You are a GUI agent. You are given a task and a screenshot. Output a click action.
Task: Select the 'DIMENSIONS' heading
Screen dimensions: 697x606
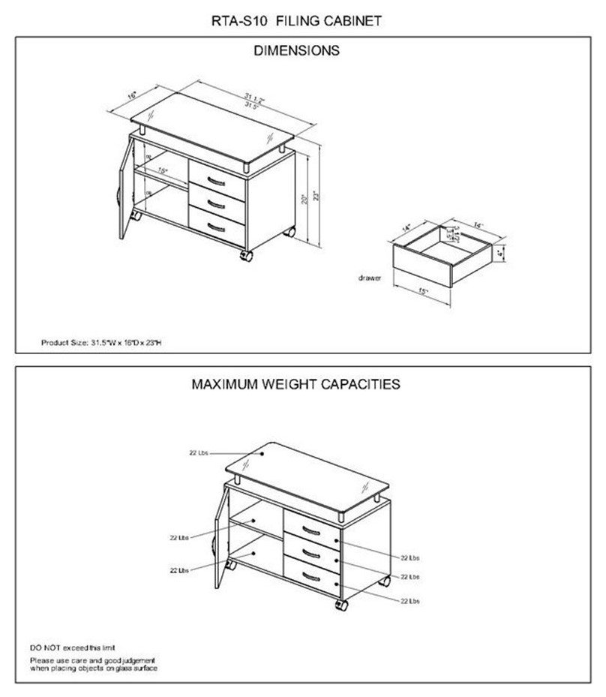(x=296, y=51)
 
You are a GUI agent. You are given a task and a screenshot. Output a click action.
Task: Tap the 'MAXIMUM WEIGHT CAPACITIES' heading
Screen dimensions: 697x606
(x=295, y=384)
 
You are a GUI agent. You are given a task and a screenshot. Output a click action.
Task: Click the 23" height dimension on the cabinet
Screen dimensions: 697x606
(x=325, y=197)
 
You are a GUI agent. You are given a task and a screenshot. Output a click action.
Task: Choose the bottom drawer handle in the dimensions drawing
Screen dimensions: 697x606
(x=216, y=226)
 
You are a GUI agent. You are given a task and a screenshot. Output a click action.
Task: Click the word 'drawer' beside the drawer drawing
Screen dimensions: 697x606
(x=370, y=278)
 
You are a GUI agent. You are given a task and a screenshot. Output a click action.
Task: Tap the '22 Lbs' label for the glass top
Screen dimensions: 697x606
(x=198, y=453)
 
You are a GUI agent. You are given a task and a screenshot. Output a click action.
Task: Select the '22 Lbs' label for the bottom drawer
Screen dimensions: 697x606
(x=409, y=601)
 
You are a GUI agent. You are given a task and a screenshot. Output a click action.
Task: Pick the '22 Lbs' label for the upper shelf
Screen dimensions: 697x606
(x=178, y=537)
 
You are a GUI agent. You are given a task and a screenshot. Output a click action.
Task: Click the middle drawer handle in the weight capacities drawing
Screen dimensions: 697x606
(x=309, y=554)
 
